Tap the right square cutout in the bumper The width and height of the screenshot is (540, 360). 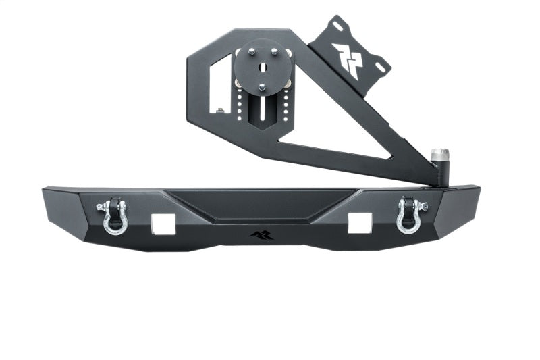click(359, 223)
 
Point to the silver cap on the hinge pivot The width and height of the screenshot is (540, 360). click(440, 153)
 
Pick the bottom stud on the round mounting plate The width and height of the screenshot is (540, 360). click(263, 87)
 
